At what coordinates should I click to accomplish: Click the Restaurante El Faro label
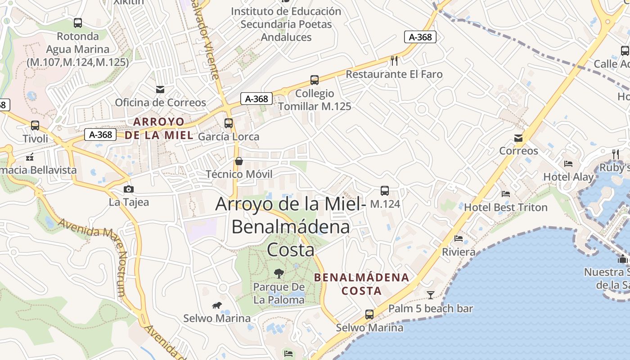pyautogui.click(x=394, y=74)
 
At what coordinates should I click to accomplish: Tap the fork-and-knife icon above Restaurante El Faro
pyautogui.click(x=394, y=60)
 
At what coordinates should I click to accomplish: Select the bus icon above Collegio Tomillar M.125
pyautogui.click(x=315, y=80)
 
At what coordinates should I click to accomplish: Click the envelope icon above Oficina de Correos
pyautogui.click(x=160, y=90)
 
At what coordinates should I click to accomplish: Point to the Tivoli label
pyautogui.click(x=36, y=139)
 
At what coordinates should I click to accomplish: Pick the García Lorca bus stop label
pyautogui.click(x=229, y=136)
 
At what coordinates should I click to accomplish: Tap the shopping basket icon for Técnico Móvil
pyautogui.click(x=239, y=161)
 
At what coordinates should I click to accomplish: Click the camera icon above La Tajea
pyautogui.click(x=129, y=189)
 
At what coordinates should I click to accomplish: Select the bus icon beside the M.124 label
pyautogui.click(x=385, y=191)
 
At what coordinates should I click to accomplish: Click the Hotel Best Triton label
pyautogui.click(x=505, y=207)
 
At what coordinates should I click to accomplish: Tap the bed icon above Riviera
pyautogui.click(x=459, y=238)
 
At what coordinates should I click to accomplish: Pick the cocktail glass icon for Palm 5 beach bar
pyautogui.click(x=431, y=295)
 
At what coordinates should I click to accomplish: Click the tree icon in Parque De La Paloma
pyautogui.click(x=279, y=273)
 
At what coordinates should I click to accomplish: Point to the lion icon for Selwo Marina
pyautogui.click(x=217, y=306)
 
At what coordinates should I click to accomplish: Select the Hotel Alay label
pyautogui.click(x=568, y=177)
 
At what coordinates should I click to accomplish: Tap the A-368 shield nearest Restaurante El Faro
pyautogui.click(x=420, y=37)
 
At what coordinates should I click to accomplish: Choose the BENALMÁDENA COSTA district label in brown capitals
pyautogui.click(x=362, y=284)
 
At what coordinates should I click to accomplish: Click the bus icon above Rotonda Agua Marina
pyautogui.click(x=78, y=23)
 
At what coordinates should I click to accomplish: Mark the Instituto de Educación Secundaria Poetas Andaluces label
pyautogui.click(x=286, y=24)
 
